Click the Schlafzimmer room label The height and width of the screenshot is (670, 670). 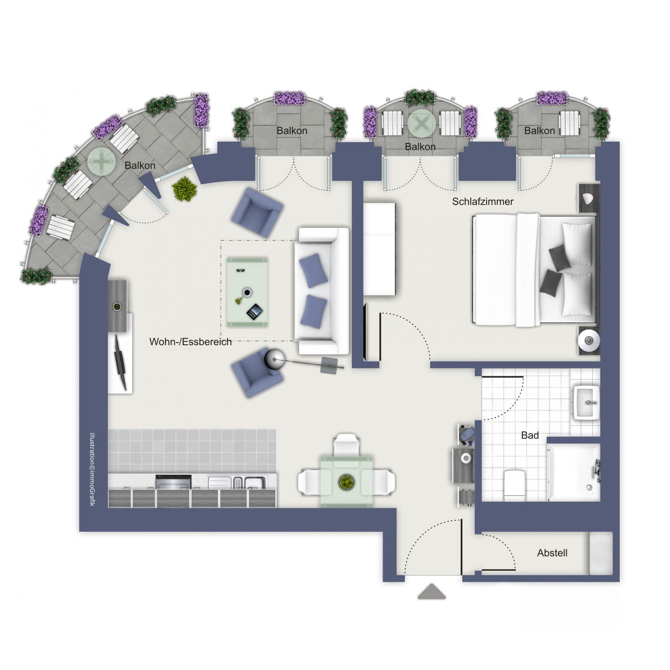pos(482,201)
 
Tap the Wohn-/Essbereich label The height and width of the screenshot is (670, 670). pos(190,342)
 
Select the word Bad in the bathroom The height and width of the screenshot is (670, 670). pos(530,435)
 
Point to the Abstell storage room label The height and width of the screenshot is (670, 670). pos(552,553)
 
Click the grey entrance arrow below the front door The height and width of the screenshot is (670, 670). pos(431,591)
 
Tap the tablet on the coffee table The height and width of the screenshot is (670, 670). pos(255,312)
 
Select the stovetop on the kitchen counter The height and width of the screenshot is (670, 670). pos(174,482)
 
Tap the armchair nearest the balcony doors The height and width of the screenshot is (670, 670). pos(257,213)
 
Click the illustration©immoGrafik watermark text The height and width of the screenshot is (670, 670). pos(93,469)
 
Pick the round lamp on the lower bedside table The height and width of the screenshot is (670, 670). pos(589,341)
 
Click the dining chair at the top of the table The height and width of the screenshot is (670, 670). pos(346,446)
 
